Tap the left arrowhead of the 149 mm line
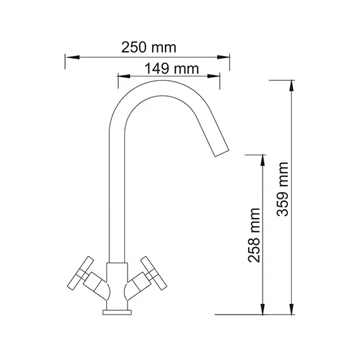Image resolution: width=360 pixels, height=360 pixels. point(123,78)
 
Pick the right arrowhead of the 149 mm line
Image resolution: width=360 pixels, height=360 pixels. point(215,78)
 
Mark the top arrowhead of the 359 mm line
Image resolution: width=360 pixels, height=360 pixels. point(292,85)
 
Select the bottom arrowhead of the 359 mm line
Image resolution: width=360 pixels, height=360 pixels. point(292,309)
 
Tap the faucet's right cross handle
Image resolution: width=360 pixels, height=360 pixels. point(152,273)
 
